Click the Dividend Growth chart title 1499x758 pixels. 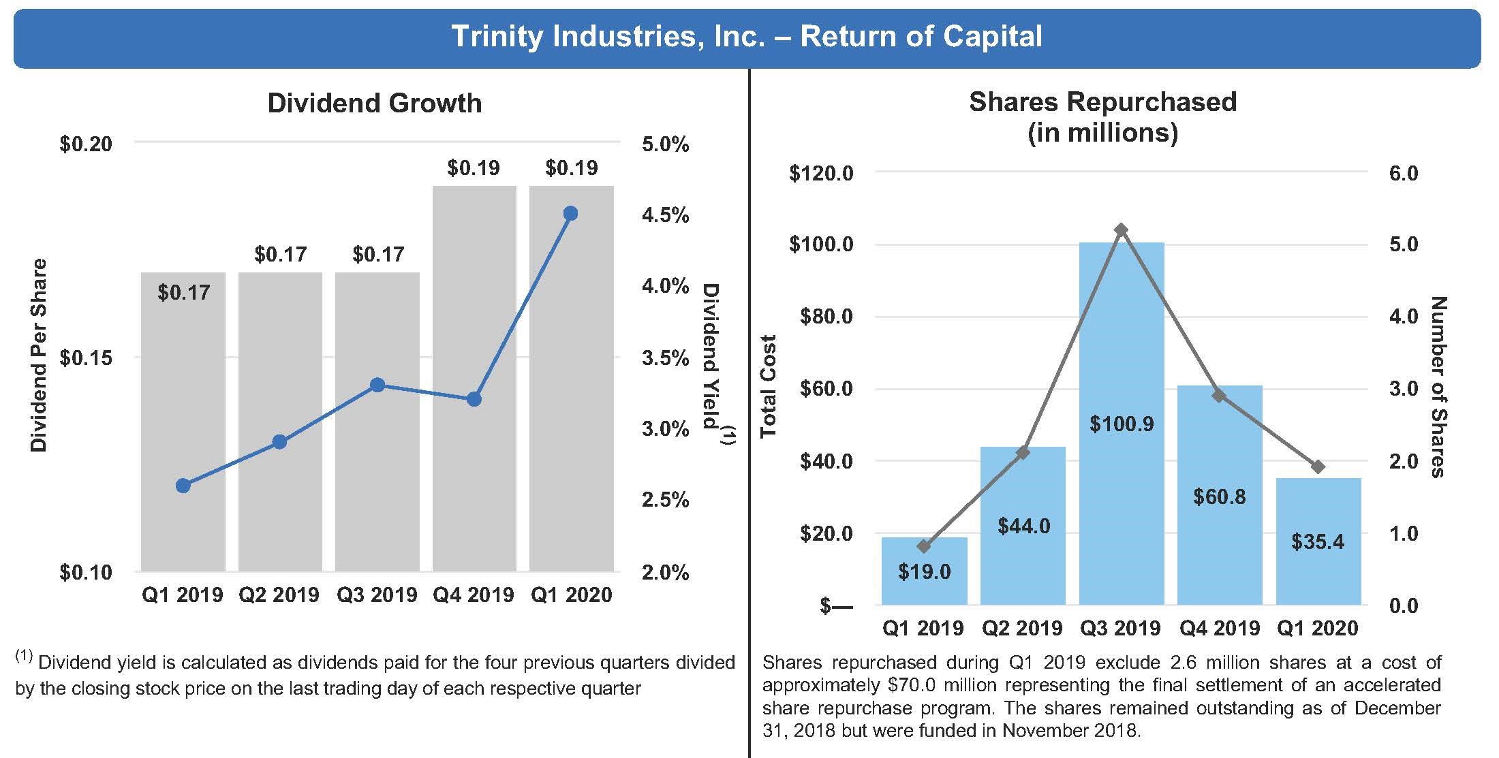374,103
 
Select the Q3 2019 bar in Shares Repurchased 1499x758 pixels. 1122,341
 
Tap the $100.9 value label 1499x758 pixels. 1122,424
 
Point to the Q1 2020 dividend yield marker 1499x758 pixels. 571,214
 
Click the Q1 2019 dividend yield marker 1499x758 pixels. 183,486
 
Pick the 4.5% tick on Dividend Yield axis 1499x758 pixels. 665,215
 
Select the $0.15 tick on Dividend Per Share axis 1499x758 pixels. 86,358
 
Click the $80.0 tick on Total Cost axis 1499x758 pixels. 821,317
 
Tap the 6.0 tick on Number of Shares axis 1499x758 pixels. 1403,173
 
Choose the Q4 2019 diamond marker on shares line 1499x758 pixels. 1219,396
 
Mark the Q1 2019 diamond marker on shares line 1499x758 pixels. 924,546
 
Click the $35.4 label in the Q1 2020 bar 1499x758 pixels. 1318,541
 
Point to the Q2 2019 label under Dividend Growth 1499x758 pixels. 279,595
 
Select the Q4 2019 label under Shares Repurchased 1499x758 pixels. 1220,628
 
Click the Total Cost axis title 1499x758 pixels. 769,386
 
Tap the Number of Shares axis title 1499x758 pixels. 1438,386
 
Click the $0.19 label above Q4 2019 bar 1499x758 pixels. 474,168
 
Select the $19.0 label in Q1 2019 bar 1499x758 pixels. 924,571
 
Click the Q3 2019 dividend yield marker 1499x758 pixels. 377,385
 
